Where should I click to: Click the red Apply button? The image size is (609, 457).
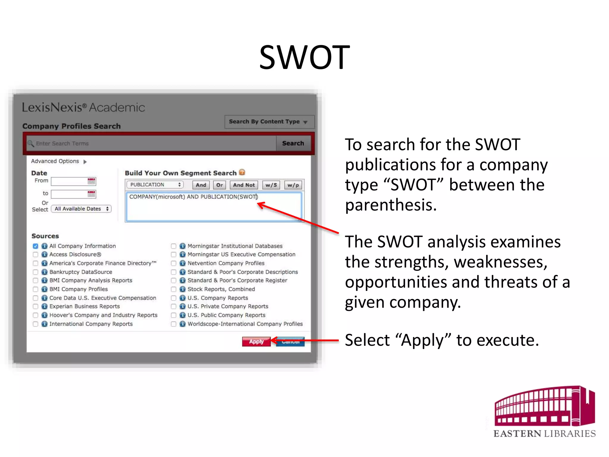tap(256, 342)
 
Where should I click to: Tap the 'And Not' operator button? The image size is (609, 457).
tap(244, 185)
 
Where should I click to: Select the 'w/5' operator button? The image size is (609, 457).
tap(271, 185)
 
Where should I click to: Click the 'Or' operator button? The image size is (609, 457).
tap(219, 185)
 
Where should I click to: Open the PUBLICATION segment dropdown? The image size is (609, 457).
tap(155, 185)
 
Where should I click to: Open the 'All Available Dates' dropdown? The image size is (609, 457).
tap(81, 209)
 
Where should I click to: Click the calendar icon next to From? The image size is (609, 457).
tap(91, 181)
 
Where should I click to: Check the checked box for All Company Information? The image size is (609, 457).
tap(36, 246)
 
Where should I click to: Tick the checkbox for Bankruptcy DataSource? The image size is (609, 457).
tap(36, 272)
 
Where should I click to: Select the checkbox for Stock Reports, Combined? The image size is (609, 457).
tap(174, 289)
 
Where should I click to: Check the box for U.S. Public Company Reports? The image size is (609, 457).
tap(174, 315)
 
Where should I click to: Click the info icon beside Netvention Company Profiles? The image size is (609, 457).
tap(183, 263)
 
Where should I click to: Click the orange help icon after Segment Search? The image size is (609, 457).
tap(242, 172)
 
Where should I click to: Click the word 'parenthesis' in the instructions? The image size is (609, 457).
tap(390, 205)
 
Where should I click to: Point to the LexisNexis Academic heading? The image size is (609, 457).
tap(84, 107)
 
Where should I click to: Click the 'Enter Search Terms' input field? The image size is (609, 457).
tap(152, 143)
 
